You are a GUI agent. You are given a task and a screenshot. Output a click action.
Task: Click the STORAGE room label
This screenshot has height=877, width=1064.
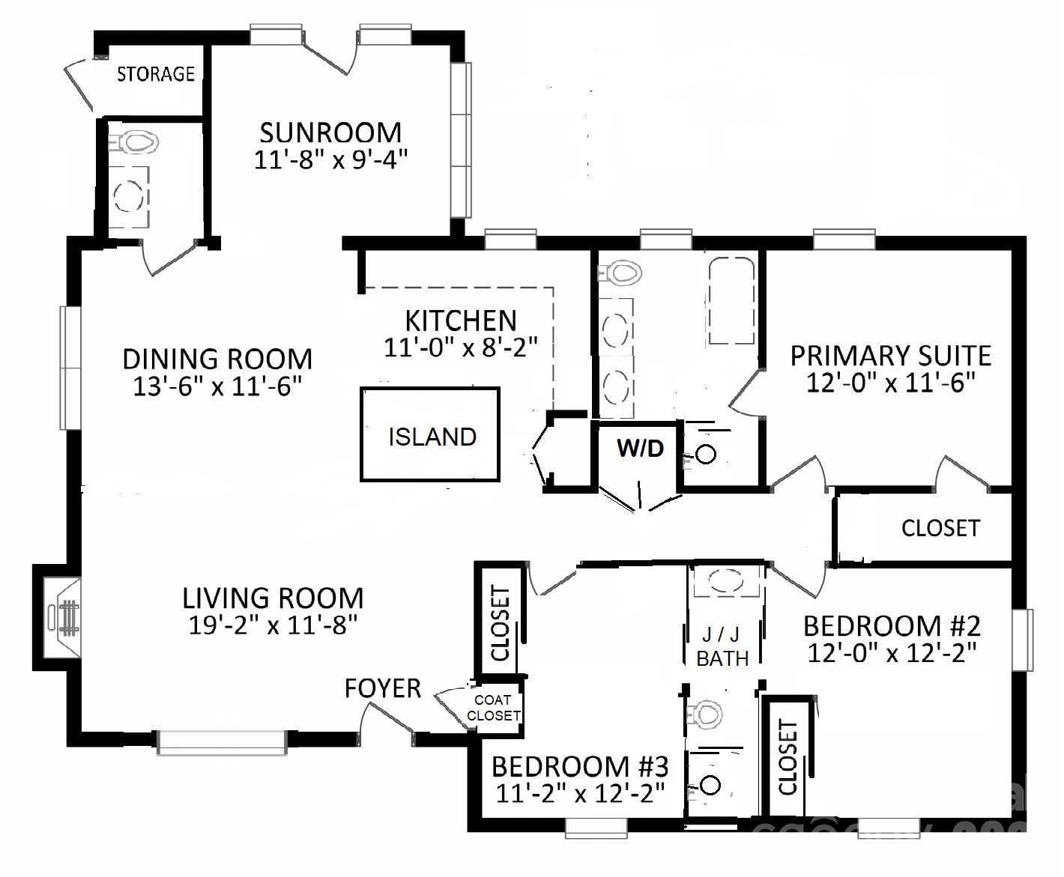tap(156, 74)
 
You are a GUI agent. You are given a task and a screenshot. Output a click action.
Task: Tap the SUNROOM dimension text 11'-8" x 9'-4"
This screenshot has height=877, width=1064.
tap(330, 160)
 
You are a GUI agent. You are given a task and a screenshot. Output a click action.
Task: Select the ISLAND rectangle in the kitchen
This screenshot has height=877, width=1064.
tap(429, 434)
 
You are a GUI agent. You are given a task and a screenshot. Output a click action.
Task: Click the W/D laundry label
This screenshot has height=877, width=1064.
tap(641, 449)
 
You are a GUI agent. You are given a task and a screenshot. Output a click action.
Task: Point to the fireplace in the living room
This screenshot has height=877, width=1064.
tap(61, 617)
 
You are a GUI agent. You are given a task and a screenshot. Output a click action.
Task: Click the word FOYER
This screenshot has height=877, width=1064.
tap(383, 688)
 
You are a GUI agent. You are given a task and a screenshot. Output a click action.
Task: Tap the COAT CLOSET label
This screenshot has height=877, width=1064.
tap(493, 708)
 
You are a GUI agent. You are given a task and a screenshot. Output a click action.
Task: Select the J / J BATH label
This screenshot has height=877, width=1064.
tap(722, 647)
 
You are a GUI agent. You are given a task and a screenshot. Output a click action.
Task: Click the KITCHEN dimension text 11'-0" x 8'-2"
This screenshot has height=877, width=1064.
tap(461, 348)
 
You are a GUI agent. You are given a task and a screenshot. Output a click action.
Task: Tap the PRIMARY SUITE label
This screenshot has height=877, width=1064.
tap(890, 356)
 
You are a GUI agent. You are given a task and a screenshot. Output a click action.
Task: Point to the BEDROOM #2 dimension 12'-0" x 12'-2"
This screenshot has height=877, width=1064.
tap(892, 652)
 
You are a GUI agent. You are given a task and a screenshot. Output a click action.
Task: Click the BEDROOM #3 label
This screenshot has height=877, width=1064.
tap(580, 766)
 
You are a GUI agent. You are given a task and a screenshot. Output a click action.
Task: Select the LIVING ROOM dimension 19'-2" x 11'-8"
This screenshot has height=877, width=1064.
tap(273, 625)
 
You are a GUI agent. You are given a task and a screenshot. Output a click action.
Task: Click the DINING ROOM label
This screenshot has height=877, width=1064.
tap(217, 359)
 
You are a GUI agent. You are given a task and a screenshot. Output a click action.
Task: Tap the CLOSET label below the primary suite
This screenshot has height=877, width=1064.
tap(940, 528)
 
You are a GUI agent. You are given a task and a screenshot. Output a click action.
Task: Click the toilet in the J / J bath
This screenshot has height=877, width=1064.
tap(705, 714)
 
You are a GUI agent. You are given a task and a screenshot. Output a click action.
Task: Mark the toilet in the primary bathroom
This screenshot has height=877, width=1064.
tap(619, 273)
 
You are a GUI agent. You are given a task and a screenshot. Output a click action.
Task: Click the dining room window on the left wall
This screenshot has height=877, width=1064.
tap(70, 368)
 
